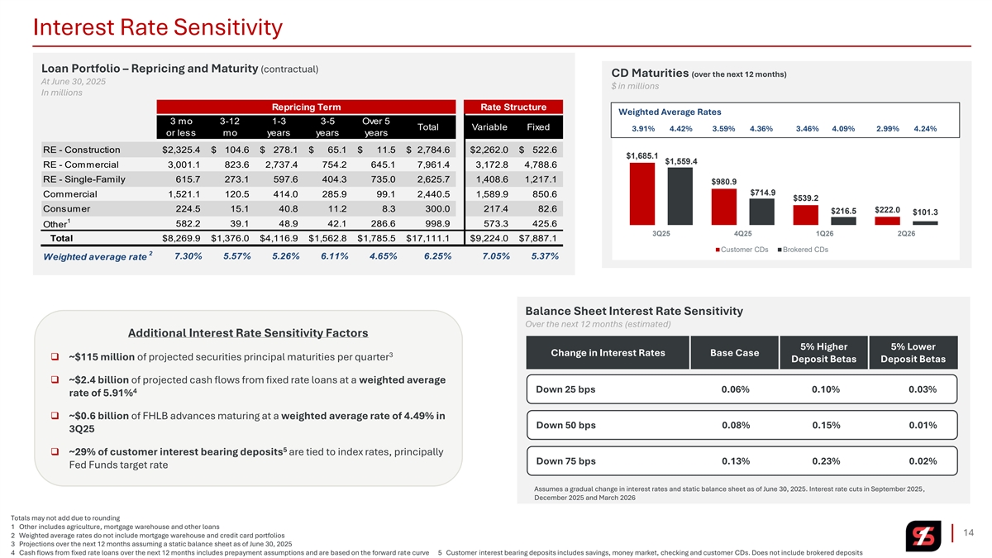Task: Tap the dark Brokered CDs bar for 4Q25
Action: tap(761, 211)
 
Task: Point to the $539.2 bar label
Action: tap(805, 198)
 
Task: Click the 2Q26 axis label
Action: tap(906, 233)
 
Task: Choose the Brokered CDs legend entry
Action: tap(804, 249)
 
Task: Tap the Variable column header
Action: tap(489, 126)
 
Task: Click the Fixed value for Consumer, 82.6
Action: tap(543, 208)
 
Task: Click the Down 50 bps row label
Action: tap(565, 426)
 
